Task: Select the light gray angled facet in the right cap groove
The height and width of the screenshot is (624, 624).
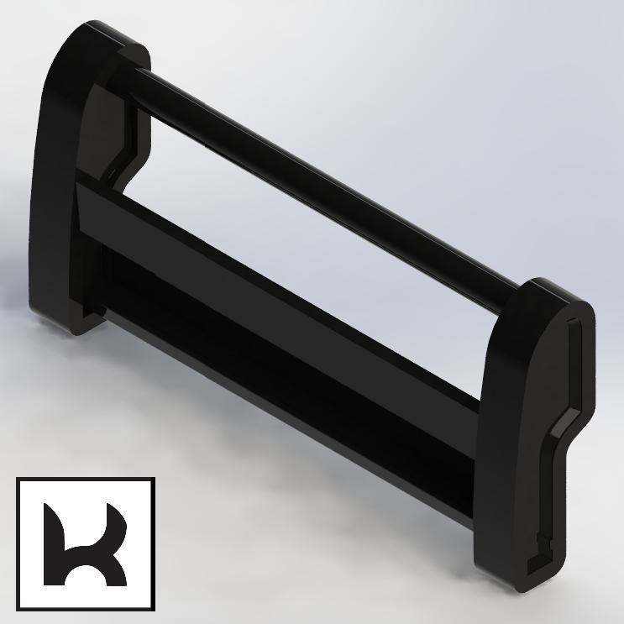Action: [x=566, y=422]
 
